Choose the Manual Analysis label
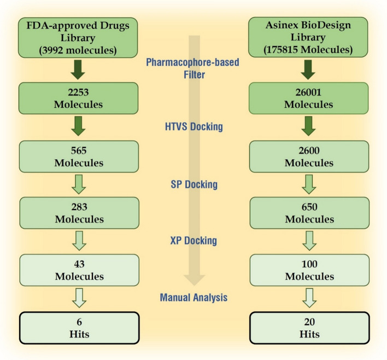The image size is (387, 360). point(193,298)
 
